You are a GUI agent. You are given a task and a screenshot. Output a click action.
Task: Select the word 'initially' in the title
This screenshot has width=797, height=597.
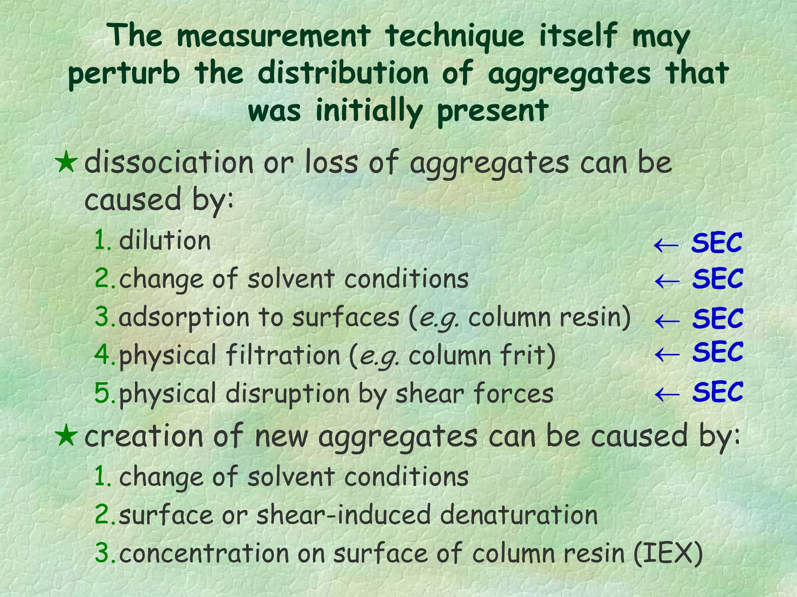coord(369,111)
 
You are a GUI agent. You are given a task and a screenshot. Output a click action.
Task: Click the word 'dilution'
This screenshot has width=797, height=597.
coord(165,241)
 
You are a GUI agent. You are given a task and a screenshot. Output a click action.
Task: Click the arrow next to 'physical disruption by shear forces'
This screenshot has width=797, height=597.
coord(667,393)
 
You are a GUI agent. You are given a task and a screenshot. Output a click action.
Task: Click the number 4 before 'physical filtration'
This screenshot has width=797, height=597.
coord(102,355)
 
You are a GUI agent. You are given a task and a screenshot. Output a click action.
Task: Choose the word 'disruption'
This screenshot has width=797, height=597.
coord(288,393)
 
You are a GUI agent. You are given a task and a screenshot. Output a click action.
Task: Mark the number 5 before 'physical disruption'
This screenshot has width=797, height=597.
coord(102,393)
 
